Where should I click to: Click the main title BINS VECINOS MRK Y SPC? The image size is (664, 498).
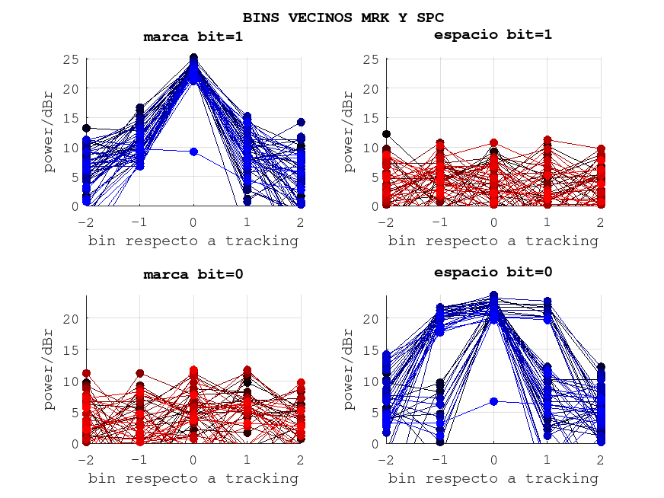pos(343,17)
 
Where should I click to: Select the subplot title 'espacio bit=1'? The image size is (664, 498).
pos(493,34)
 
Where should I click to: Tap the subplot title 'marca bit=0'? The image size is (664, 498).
pos(193,274)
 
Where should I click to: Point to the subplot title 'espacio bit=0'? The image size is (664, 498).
pos(493,272)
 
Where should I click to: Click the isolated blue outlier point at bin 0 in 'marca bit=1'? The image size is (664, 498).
pos(193,152)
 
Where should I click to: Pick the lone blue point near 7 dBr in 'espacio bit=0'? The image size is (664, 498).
pos(493,401)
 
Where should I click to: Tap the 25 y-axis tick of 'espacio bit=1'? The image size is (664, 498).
pos(372,59)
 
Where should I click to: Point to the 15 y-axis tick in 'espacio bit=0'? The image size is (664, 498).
pos(372,350)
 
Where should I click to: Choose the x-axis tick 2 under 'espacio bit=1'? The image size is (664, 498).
pos(601,222)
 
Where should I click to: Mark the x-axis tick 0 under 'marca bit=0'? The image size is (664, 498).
pos(193,459)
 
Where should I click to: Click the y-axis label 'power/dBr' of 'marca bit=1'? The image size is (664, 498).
pos(49,132)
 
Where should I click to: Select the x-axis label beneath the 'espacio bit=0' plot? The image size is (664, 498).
pos(493,478)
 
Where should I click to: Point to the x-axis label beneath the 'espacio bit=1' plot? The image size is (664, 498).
pos(493,241)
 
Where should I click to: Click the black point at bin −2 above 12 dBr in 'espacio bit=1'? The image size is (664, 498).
pos(386,134)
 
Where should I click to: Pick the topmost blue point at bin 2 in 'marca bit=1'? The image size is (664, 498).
pos(302,122)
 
